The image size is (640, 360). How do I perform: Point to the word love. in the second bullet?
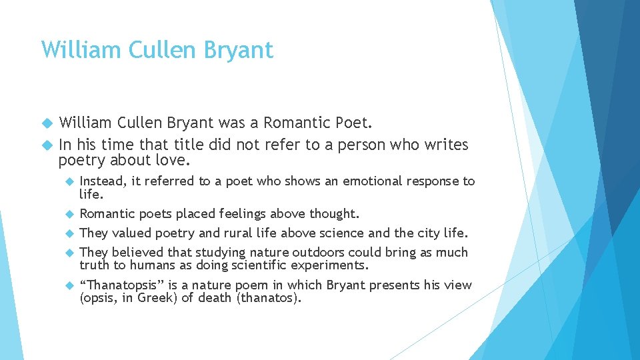(x=173, y=160)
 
